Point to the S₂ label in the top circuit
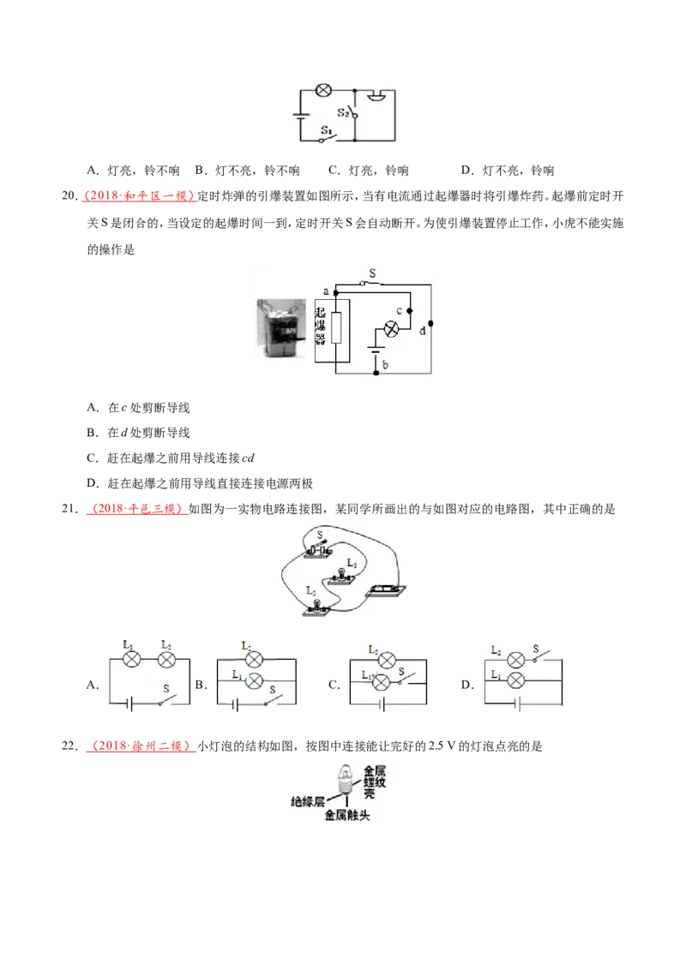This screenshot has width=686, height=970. (x=343, y=112)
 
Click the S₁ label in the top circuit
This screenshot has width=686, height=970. (x=327, y=130)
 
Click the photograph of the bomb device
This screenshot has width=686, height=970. (x=282, y=328)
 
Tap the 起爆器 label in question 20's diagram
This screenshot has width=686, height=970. (x=320, y=326)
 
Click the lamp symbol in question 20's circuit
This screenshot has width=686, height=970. (x=391, y=330)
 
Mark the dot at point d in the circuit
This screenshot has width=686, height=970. (x=431, y=324)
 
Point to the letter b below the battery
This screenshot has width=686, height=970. (x=385, y=365)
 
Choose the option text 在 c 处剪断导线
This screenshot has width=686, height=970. (x=148, y=408)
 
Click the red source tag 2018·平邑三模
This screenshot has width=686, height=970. (x=137, y=509)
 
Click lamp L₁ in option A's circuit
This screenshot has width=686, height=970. (x=131, y=660)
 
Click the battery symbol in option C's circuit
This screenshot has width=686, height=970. (x=382, y=704)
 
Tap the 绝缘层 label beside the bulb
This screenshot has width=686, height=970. (x=308, y=802)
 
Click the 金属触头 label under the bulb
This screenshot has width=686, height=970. (x=347, y=816)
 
